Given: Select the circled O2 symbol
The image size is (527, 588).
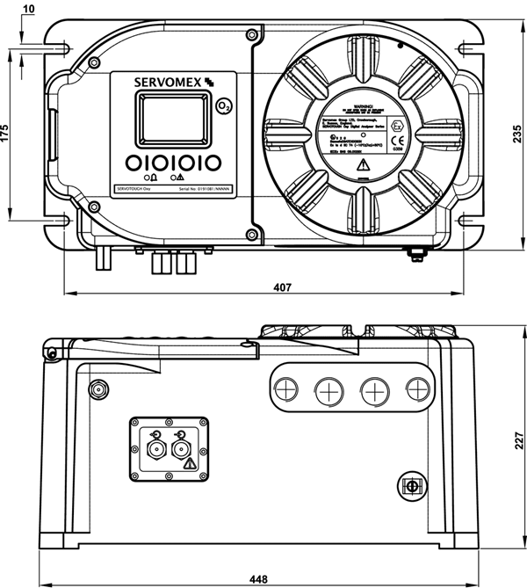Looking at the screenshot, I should pyautogui.click(x=224, y=107).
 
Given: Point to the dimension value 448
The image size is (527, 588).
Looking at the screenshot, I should pyautogui.click(x=260, y=578).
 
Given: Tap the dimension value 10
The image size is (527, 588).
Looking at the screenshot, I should pyautogui.click(x=28, y=9).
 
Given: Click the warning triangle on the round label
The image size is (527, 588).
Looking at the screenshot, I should pyautogui.click(x=365, y=163).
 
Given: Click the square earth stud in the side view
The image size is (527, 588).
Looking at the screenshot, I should pyautogui.click(x=408, y=486).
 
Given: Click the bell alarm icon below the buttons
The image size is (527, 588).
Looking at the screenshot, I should pyautogui.click(x=155, y=176).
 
